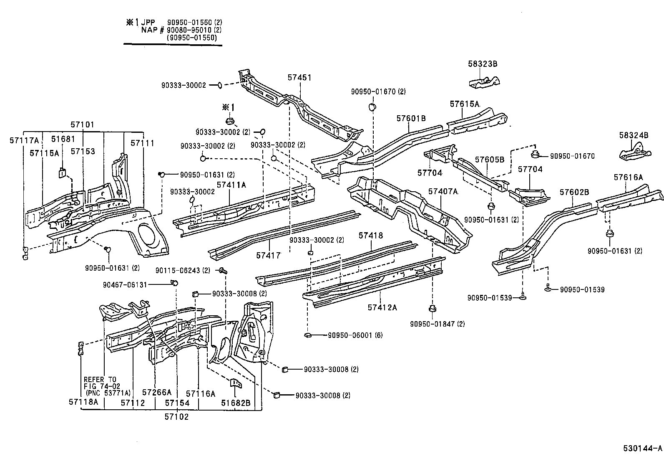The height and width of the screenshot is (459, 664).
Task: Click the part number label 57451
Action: [299, 78]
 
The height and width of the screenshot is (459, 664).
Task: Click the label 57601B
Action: [411, 119]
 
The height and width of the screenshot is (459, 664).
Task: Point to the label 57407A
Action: [443, 192]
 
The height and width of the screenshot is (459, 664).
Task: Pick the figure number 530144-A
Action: [642, 449]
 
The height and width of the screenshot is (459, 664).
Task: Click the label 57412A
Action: [382, 308]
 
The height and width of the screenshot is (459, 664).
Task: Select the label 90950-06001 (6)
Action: [355, 335]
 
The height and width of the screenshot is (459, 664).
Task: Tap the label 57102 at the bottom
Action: [176, 416]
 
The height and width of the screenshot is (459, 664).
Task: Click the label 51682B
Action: [236, 403]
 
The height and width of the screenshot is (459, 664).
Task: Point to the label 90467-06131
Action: [125, 285]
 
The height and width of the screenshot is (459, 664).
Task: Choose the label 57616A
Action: [628, 178]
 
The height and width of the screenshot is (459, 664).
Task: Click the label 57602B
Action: [574, 192]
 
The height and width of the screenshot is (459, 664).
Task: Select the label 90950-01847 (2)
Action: [437, 324]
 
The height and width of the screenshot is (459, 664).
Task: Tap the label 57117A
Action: [24, 141]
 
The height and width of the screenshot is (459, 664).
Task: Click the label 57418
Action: [370, 236]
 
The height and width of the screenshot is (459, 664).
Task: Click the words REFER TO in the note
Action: [100, 380]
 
